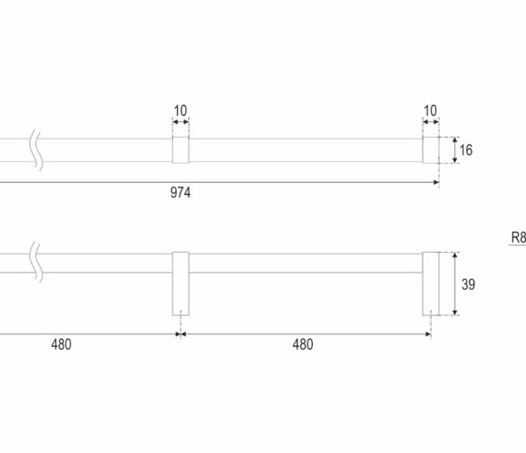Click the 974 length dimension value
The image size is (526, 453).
point(180,193)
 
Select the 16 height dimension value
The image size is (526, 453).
point(466,150)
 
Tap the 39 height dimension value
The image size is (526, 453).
point(468,284)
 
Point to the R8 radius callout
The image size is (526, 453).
point(518,237)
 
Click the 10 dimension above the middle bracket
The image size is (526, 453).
point(180,111)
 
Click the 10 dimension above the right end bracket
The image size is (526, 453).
point(431,111)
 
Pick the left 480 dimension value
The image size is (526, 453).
point(62,344)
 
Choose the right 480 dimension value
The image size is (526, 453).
point(303,344)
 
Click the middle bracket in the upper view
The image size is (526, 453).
point(180,149)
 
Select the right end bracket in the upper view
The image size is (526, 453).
point(431,149)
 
